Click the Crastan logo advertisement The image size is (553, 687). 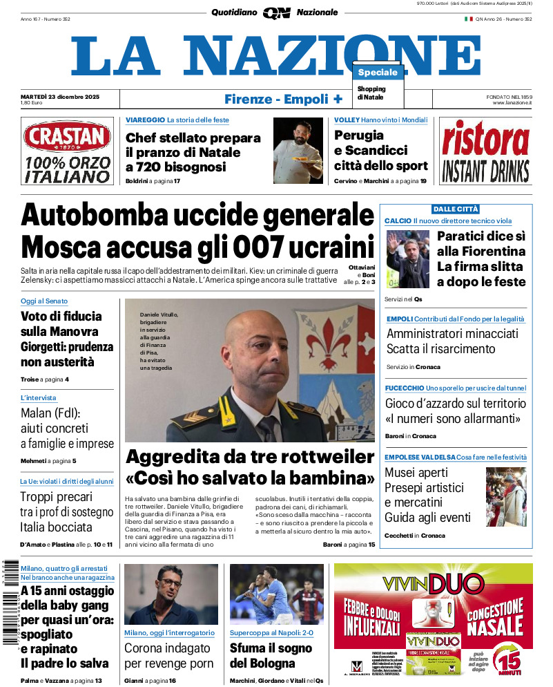[66, 151]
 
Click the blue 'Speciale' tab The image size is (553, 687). [378, 73]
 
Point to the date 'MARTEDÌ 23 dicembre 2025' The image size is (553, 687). [60, 97]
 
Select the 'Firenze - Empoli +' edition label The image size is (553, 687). [284, 99]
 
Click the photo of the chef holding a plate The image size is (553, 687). [298, 150]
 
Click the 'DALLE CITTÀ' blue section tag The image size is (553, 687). [456, 209]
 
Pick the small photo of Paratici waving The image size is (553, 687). [407, 258]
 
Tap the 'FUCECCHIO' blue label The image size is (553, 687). [405, 388]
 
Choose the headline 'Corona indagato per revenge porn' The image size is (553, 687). [167, 656]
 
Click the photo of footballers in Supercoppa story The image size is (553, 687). [276, 594]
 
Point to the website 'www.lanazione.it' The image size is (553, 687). [512, 103]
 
